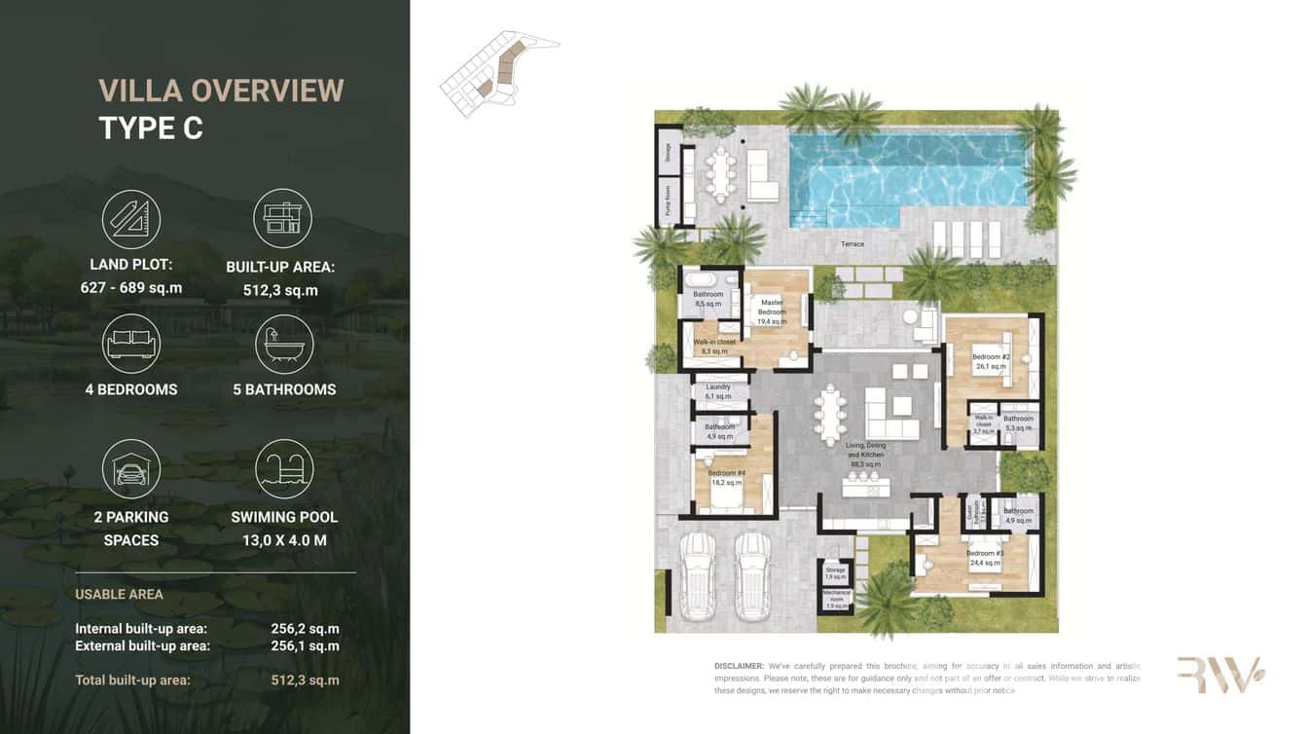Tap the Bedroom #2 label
991,361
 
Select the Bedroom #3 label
985,557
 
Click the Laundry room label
717,391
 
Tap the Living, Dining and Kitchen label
865,455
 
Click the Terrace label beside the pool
853,244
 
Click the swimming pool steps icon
284,469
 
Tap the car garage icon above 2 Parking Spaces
131,469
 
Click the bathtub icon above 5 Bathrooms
284,344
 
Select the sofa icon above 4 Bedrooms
131,344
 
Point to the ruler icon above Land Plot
131,219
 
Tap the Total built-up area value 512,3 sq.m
305,680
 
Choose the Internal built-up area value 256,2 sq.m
305,629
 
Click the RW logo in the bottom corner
1219,674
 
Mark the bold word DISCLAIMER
739,666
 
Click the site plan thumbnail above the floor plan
498,72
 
